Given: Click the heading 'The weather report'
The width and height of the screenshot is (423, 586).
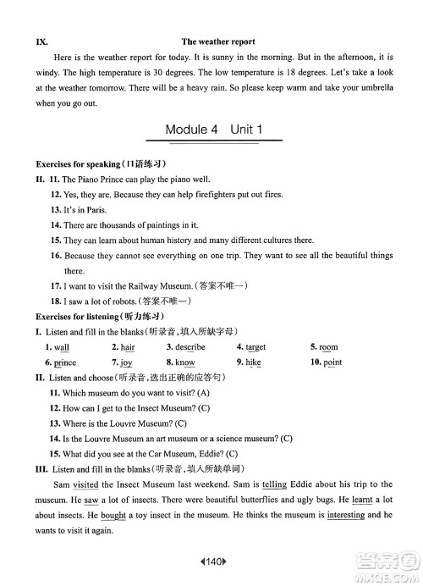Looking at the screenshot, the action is point(218,41).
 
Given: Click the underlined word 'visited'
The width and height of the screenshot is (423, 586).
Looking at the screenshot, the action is point(85,484).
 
